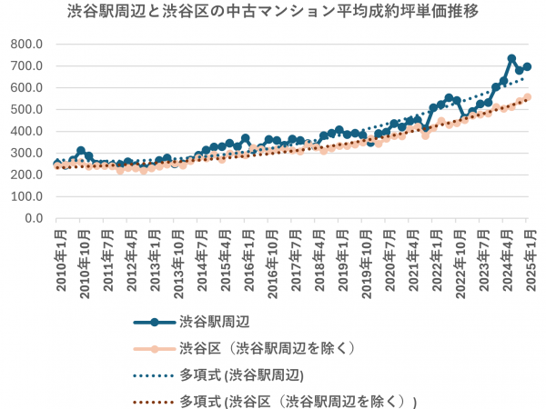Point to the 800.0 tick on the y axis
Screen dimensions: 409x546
click(28, 45)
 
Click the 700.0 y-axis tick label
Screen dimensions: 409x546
click(28, 66)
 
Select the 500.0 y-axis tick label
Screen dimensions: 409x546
click(28, 110)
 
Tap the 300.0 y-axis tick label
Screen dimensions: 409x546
click(28, 154)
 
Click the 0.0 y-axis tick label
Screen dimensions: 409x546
click(35, 219)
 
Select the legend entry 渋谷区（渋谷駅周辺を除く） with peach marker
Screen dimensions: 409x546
click(264, 348)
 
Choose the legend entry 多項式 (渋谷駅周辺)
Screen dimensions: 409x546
click(241, 374)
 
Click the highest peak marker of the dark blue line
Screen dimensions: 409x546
click(511, 59)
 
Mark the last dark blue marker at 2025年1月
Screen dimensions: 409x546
click(528, 66)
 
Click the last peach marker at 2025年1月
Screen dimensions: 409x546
click(528, 97)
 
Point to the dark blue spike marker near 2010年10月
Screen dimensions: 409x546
click(81, 151)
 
